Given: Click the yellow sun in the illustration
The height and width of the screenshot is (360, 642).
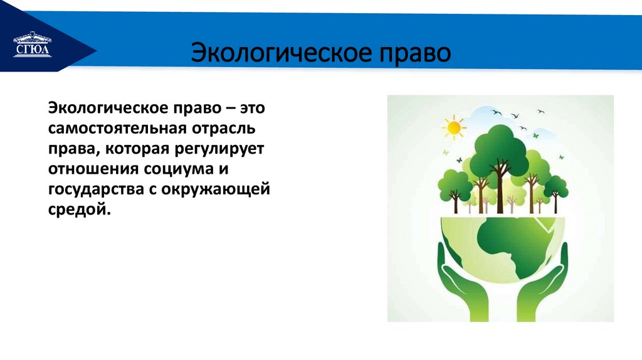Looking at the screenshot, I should tap(453, 126).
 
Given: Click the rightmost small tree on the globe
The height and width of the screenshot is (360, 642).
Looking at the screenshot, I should tap(555, 186).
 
